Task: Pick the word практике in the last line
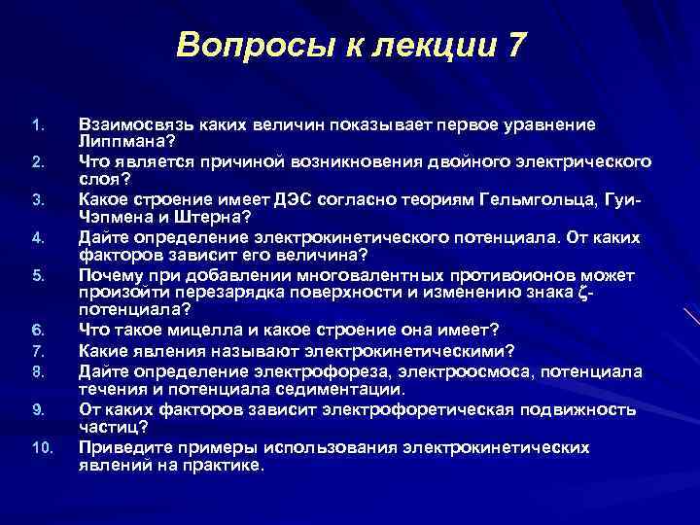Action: [220, 464]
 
